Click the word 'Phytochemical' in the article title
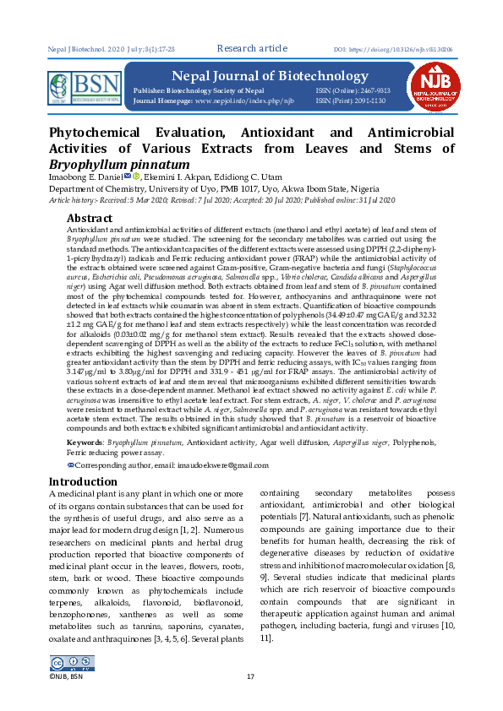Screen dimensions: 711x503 pos(101,133)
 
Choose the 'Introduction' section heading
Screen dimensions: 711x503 pos(84,481)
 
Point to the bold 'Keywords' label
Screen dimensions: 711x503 pos(84,442)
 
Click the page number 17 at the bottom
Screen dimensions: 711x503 pos(250,677)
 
